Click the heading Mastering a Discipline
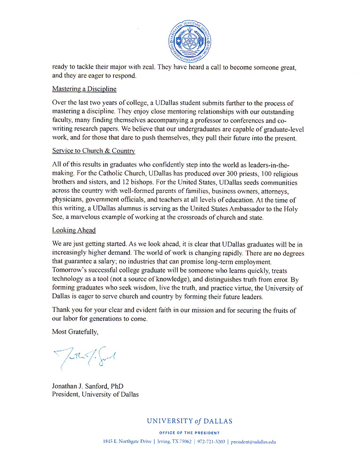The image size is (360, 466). click(84, 89)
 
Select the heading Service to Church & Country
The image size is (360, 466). click(94, 151)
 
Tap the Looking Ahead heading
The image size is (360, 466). click(74, 231)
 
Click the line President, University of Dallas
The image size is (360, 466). click(95, 394)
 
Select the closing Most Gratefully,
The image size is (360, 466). click(75, 332)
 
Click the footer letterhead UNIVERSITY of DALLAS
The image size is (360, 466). click(190, 421)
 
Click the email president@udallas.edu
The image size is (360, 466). click(253, 442)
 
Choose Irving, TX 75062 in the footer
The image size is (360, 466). click(173, 442)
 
